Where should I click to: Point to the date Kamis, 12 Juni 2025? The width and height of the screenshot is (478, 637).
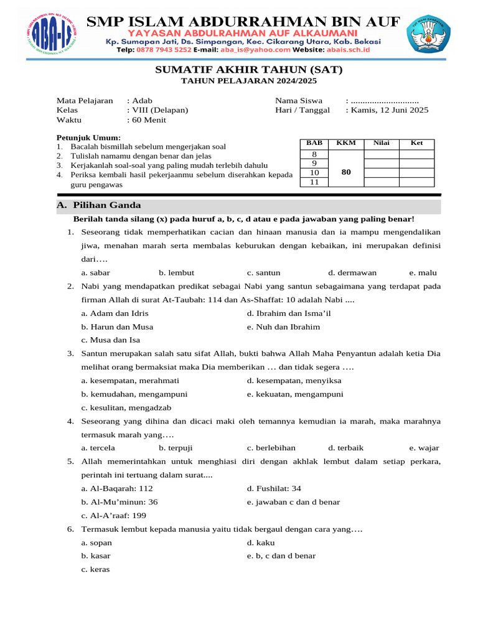390,110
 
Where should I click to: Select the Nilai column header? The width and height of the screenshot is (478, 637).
381,143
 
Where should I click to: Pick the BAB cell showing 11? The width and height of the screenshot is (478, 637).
314,182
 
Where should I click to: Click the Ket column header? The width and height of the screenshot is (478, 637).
416,143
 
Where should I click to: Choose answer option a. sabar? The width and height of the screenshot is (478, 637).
96,272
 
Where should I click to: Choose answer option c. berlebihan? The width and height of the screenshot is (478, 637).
271,448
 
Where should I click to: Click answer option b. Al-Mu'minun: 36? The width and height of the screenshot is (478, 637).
119,502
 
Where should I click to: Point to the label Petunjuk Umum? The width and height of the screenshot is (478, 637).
88,137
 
